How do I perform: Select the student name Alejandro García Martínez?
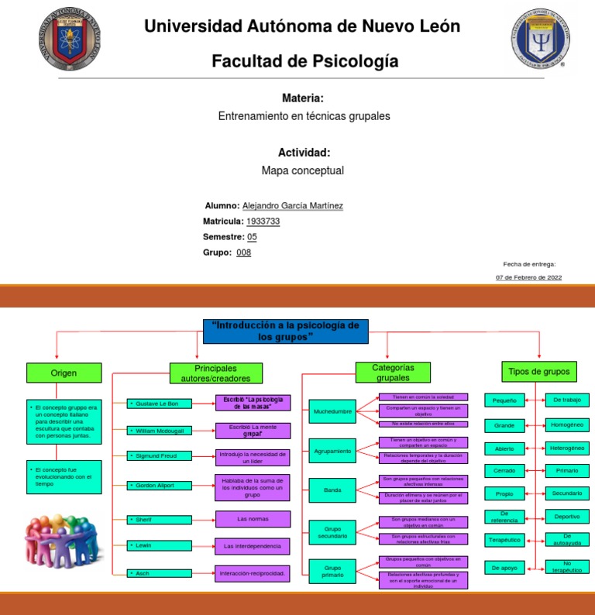(x=292, y=206)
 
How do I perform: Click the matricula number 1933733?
(x=263, y=222)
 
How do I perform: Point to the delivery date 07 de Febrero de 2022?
(x=528, y=277)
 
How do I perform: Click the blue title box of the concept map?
(x=285, y=332)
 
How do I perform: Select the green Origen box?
(x=64, y=373)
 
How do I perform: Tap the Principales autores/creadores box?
(x=215, y=373)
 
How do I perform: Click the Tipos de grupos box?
(x=539, y=372)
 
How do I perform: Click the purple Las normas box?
(x=253, y=519)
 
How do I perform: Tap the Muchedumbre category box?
(x=332, y=413)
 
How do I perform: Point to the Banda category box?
(x=332, y=490)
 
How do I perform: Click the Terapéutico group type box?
(x=505, y=539)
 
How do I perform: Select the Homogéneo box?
(x=567, y=425)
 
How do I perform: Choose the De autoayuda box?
(x=567, y=539)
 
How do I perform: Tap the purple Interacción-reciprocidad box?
(x=253, y=575)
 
